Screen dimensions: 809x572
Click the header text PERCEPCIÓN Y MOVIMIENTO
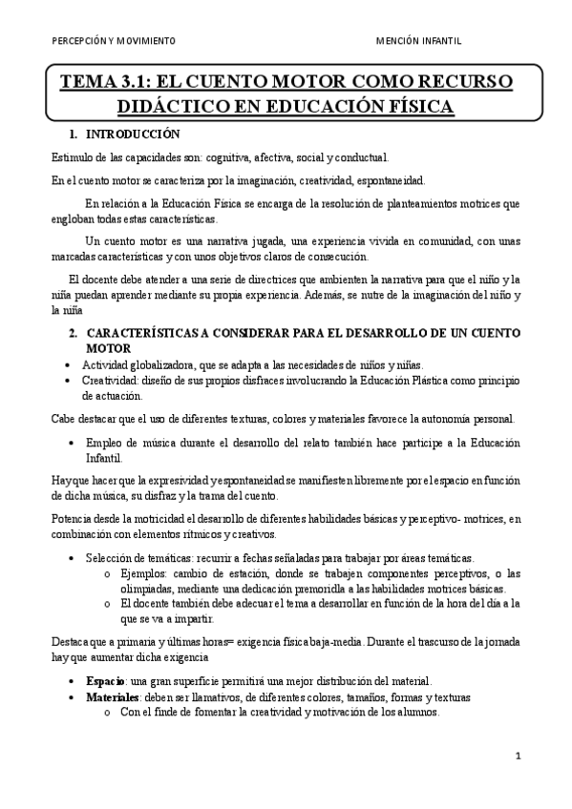114,42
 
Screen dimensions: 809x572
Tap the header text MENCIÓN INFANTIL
417,42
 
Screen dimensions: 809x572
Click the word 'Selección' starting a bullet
108,557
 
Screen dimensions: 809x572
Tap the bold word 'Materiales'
112,697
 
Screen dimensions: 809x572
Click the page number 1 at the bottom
517,757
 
